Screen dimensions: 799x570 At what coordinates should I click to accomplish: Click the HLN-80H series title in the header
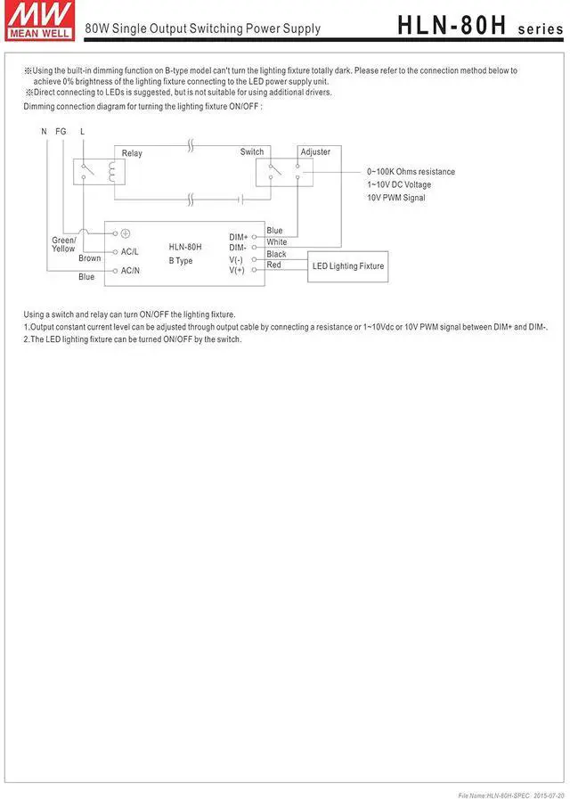tap(480, 27)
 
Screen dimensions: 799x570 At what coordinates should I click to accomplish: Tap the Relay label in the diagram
tap(132, 153)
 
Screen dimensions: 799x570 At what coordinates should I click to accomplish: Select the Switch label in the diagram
tap(252, 152)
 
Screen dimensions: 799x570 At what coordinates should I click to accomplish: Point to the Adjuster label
tap(315, 152)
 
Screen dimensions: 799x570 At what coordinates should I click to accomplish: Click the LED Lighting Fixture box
tap(348, 266)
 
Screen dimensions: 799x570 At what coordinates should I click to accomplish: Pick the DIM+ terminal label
tap(238, 237)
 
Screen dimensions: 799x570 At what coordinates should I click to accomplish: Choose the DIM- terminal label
tap(238, 248)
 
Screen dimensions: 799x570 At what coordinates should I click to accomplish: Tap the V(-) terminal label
tap(236, 259)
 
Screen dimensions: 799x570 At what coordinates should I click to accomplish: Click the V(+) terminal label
tap(236, 270)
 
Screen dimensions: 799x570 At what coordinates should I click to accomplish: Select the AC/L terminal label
tap(130, 252)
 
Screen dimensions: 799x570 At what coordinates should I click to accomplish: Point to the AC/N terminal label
tap(130, 270)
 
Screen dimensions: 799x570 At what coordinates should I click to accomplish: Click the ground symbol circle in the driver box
tap(126, 233)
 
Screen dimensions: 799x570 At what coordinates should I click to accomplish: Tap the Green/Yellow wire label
tap(64, 244)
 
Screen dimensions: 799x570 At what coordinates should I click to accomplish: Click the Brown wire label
tap(90, 258)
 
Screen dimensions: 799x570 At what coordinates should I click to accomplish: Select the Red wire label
tap(274, 265)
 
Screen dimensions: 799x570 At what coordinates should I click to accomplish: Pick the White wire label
tap(277, 242)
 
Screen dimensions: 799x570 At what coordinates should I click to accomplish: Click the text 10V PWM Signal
tap(396, 198)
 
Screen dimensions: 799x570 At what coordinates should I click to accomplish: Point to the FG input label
tap(61, 131)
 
